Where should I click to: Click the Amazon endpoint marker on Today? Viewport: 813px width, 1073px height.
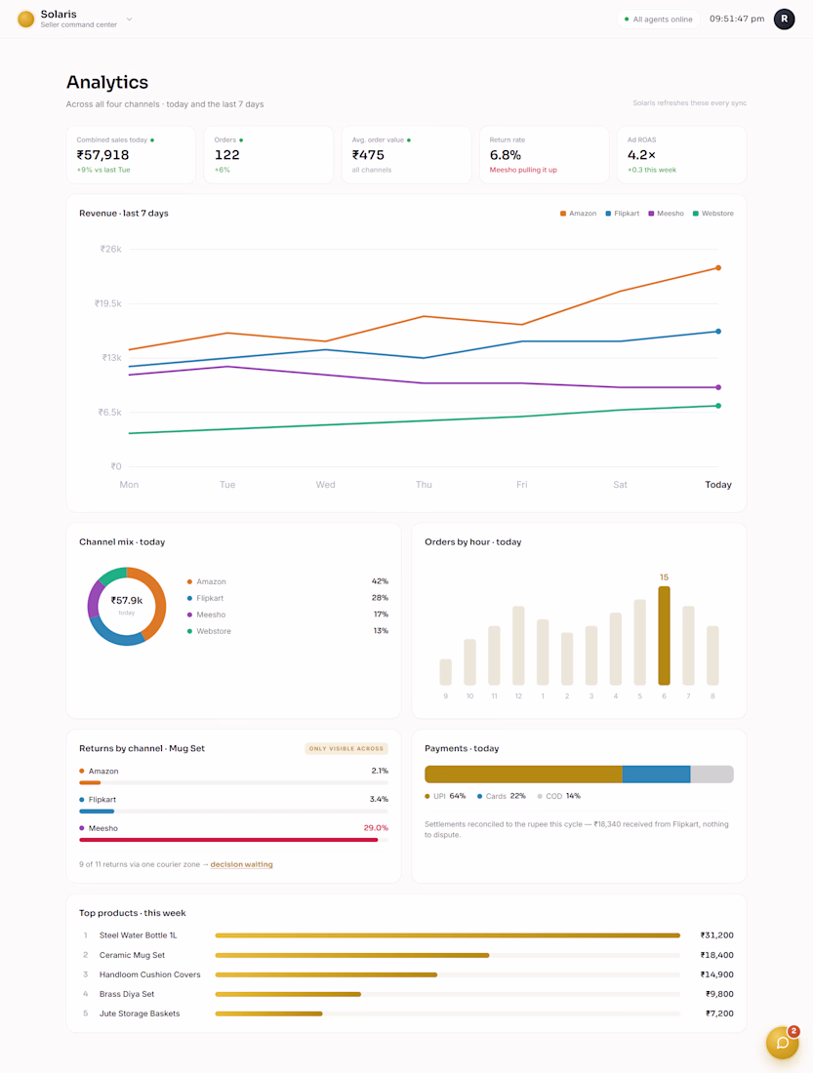[717, 267]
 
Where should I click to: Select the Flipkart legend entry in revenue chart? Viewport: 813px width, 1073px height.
[622, 214]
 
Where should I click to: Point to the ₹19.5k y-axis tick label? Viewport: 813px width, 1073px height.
[107, 303]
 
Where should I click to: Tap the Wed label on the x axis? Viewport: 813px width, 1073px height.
[325, 485]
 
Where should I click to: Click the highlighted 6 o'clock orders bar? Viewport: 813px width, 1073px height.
[664, 636]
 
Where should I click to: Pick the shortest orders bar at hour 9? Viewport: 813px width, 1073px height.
[445, 672]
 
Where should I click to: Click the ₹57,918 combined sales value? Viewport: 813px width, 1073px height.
[102, 155]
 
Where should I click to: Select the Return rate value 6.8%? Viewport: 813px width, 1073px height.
[506, 155]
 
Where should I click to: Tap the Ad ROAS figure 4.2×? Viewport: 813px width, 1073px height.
[642, 155]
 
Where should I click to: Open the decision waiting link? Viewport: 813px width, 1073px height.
[241, 864]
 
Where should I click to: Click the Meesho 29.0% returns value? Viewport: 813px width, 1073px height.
[376, 828]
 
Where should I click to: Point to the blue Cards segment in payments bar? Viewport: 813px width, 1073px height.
[656, 774]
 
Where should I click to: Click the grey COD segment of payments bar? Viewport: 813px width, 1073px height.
[711, 774]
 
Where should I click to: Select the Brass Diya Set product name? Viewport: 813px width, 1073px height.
[127, 994]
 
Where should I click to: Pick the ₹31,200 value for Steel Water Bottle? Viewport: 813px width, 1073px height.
[716, 935]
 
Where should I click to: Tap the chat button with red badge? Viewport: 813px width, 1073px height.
[782, 1043]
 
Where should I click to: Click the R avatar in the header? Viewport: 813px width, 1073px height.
[785, 20]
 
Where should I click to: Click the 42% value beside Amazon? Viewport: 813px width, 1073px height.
[380, 581]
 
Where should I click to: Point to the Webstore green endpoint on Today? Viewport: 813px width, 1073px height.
[717, 406]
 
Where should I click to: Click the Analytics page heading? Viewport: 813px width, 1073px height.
[107, 82]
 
